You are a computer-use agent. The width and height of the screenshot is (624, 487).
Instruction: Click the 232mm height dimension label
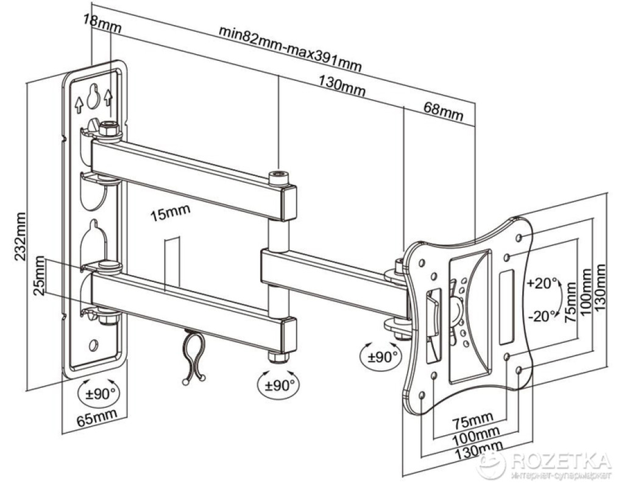click(22, 236)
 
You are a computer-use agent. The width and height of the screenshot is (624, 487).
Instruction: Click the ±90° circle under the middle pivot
click(278, 384)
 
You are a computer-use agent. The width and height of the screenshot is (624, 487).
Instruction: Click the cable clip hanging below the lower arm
click(192, 356)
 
